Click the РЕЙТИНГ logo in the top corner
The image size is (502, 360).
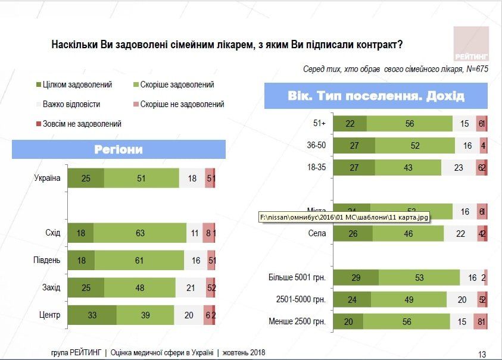pos(471,45)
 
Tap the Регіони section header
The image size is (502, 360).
pos(119,149)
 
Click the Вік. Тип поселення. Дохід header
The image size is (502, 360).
pos(376,96)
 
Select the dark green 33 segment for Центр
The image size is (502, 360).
pos(92,315)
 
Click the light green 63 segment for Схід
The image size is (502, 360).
pos(140,233)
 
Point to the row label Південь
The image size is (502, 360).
pos(47,260)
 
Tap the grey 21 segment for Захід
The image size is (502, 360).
pos(191,287)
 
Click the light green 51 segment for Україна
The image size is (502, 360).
pos(141,178)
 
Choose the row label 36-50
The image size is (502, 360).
pos(316,145)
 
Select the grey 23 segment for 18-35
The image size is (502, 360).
pos(459,167)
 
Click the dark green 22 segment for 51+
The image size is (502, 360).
pos(350,123)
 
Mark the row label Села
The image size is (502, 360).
pos(317,233)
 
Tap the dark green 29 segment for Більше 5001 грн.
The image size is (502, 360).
pos(356,277)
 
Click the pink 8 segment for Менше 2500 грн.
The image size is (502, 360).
pos(479,322)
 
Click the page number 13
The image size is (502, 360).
pos(482,354)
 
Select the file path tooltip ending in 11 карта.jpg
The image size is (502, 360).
pos(344,218)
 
